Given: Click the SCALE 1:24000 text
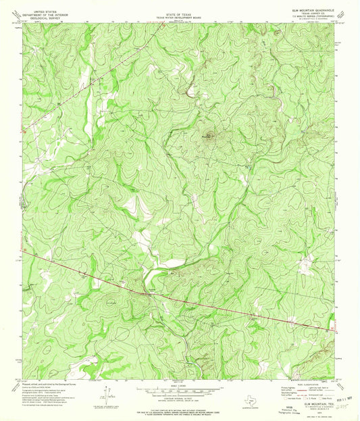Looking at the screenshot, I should point(180,385).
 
